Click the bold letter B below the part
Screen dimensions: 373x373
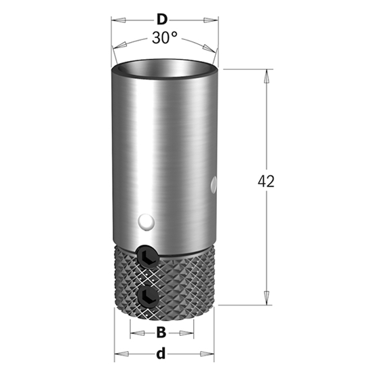(x=161, y=332)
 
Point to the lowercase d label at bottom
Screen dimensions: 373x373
(x=161, y=353)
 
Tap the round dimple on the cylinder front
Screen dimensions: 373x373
(x=144, y=222)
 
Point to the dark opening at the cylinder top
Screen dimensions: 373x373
(x=165, y=68)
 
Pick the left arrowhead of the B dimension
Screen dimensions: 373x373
(x=134, y=333)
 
